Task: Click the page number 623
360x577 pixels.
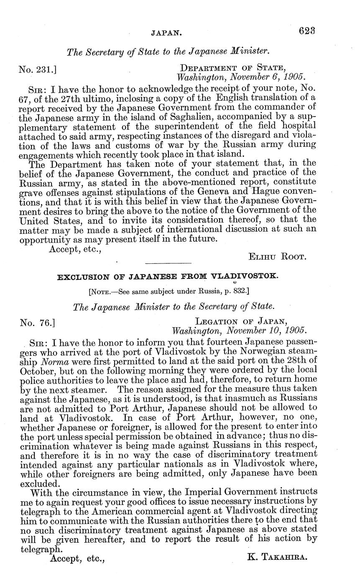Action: [x=306, y=31]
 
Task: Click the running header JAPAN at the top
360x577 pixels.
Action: [x=166, y=31]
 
